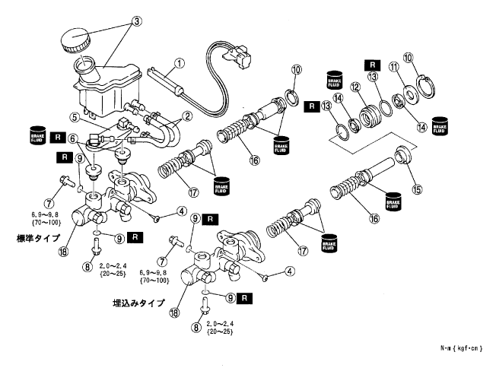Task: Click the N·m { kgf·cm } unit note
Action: click(461, 347)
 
